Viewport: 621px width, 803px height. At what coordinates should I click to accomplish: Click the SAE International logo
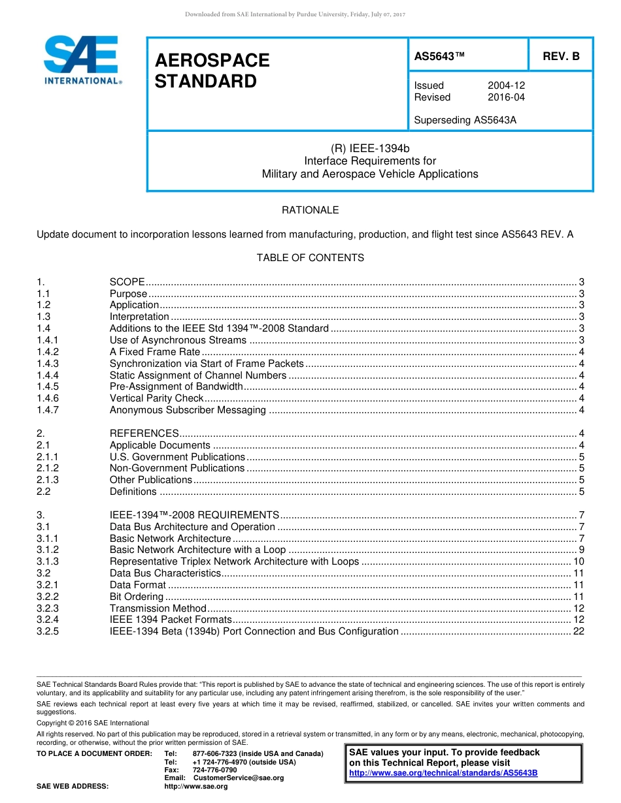[82, 59]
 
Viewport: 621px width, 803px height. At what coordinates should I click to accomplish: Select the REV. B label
[561, 57]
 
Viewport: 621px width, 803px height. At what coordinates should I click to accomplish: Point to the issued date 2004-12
[506, 86]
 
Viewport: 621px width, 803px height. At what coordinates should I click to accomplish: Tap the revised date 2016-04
[506, 97]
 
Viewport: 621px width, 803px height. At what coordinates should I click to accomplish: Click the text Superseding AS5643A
[465, 120]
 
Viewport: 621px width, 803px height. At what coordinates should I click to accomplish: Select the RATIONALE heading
[310, 210]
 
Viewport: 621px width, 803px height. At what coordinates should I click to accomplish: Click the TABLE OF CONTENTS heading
[310, 258]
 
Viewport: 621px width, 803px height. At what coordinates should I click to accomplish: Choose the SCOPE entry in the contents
[127, 282]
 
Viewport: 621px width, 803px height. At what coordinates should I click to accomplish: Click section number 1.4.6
[48, 398]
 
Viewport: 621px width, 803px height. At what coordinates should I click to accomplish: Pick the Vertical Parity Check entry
[156, 398]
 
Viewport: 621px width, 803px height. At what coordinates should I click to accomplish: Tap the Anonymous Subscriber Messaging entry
[188, 410]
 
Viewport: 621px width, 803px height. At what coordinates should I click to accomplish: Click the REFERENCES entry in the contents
[144, 433]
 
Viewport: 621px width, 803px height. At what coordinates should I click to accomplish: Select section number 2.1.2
[48, 468]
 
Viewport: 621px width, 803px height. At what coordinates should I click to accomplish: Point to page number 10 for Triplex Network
[578, 561]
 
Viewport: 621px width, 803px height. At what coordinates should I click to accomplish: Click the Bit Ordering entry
[136, 597]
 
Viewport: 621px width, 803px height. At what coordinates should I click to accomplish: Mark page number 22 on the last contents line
[578, 631]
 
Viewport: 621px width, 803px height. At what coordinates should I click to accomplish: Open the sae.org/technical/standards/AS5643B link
[443, 773]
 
